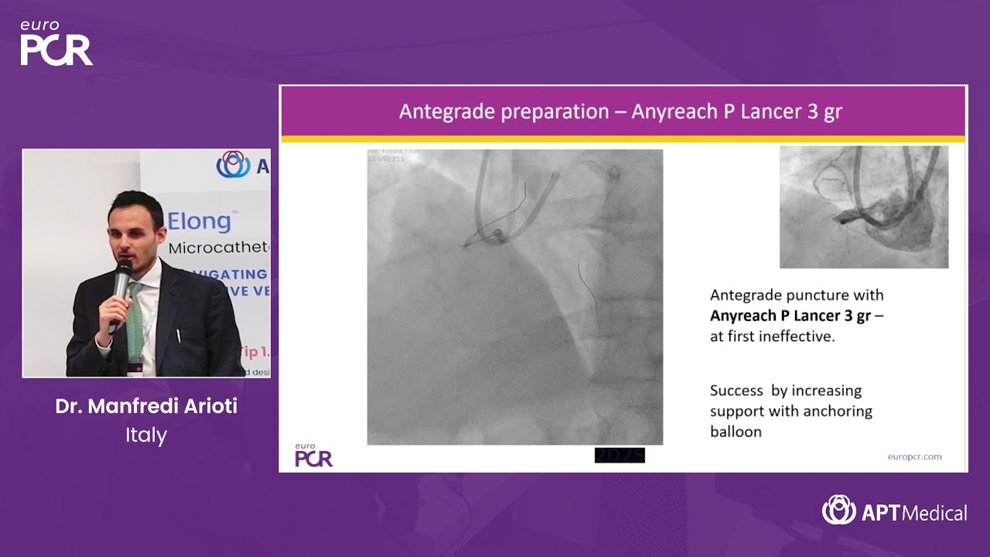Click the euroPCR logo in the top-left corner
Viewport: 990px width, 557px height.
[56, 43]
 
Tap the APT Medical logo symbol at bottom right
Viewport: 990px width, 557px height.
[838, 511]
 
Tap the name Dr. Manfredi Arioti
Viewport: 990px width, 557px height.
[146, 406]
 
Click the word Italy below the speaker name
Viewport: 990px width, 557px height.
[146, 435]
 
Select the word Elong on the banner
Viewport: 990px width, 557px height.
[199, 221]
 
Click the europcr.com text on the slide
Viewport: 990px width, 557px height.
[914, 456]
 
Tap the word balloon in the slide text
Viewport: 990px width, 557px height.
[736, 432]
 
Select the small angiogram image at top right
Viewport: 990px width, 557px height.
[864, 207]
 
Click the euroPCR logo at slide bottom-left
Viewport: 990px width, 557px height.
[313, 456]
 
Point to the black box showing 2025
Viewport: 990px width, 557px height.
[620, 456]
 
